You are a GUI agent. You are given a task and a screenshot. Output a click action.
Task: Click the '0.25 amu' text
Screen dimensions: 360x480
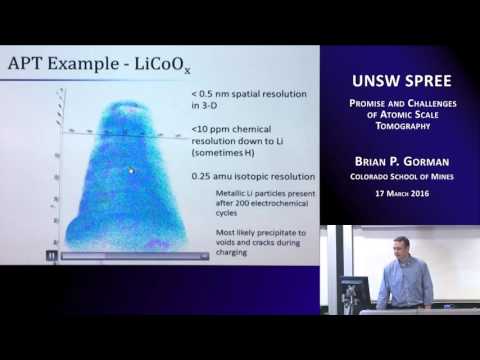coord(215,175)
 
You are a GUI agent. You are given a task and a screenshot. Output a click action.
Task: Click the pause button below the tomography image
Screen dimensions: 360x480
coord(49,256)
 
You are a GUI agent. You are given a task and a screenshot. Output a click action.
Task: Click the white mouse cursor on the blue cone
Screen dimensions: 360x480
coord(131,170)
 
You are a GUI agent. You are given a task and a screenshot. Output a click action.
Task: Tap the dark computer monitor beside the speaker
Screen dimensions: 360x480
coord(353,292)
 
